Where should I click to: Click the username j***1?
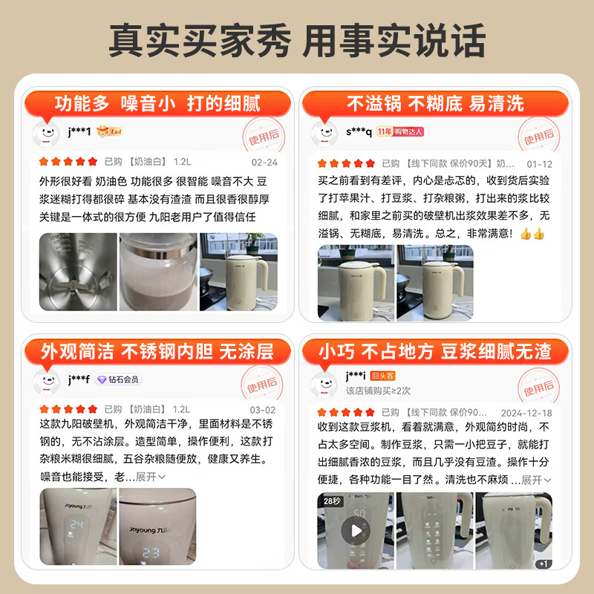pos(79,131)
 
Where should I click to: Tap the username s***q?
pos(359,131)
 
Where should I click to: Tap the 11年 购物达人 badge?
pos(400,131)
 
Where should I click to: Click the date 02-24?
pos(264,162)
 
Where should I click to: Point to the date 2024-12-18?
pos(526,412)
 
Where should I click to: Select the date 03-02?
pos(262,409)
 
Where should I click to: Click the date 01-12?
pos(539,164)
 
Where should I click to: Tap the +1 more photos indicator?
pos(543,564)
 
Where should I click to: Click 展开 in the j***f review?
pos(150,477)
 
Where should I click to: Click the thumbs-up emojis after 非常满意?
pos(532,233)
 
